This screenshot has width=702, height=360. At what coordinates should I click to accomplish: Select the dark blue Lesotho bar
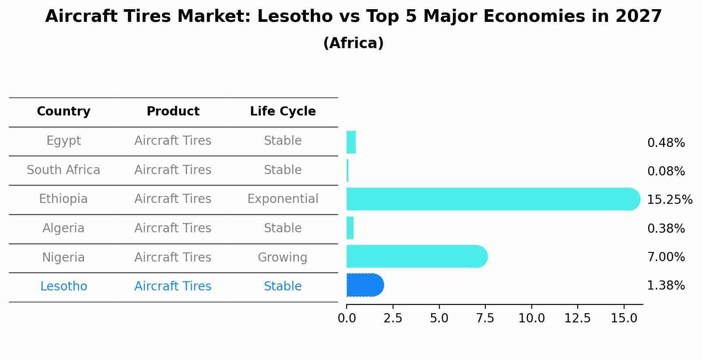(365, 285)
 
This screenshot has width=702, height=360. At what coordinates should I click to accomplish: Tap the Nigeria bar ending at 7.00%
(416, 256)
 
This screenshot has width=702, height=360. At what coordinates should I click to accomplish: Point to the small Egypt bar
(351, 142)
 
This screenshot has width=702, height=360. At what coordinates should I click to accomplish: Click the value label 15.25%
(669, 200)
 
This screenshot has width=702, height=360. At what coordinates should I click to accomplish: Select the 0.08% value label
(666, 171)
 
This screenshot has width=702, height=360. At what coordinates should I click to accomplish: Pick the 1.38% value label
(666, 286)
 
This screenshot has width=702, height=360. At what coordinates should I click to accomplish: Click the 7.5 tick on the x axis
(485, 318)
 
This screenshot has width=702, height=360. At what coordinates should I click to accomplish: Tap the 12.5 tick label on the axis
(577, 318)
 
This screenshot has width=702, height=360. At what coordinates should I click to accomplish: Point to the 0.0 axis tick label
(347, 318)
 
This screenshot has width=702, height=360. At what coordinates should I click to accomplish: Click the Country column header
(63, 112)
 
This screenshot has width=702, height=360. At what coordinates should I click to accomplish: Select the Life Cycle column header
(283, 112)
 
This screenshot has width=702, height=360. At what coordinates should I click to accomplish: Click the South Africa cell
(63, 170)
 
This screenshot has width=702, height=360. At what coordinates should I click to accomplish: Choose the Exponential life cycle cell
(283, 199)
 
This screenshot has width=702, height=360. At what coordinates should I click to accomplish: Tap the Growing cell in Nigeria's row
(282, 258)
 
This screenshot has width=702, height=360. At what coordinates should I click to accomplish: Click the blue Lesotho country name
(63, 287)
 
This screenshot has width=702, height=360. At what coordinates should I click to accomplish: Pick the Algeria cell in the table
(63, 228)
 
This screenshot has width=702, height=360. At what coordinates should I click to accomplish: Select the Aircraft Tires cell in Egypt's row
(173, 141)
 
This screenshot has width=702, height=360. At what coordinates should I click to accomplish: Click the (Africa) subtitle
(353, 43)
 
